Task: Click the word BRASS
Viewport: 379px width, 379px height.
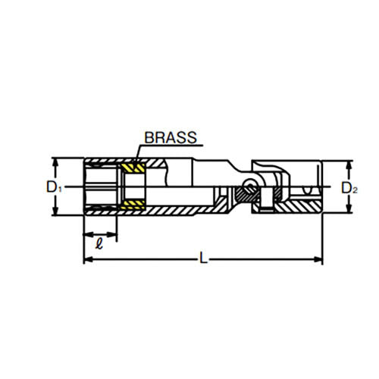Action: click(x=170, y=138)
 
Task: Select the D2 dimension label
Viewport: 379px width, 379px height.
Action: click(x=347, y=187)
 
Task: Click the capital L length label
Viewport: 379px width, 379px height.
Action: click(x=202, y=259)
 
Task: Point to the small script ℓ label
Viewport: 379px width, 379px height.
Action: click(x=99, y=243)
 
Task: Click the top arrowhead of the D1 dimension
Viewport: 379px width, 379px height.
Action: click(x=54, y=161)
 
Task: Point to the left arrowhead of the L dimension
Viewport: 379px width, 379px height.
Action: click(x=86, y=259)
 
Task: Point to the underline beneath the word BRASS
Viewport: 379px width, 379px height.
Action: click(x=171, y=146)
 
